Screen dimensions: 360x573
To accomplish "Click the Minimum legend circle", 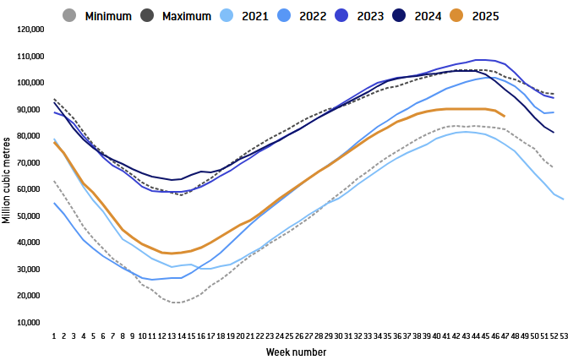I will [x=70, y=14].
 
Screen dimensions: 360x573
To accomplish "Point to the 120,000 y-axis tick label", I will [x=30, y=30].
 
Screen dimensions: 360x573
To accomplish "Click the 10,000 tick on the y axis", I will [x=31, y=323].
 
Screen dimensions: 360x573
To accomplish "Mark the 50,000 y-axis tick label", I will [x=31, y=216].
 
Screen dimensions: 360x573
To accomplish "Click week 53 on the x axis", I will [x=564, y=335].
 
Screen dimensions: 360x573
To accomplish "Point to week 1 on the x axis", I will [x=54, y=335].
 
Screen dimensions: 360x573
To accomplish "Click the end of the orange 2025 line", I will [x=505, y=116].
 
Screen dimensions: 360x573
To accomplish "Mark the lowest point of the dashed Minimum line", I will [x=177, y=303].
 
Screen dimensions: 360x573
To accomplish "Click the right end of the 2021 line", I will [x=564, y=199].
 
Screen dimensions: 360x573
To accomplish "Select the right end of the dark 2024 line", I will [x=554, y=133].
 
